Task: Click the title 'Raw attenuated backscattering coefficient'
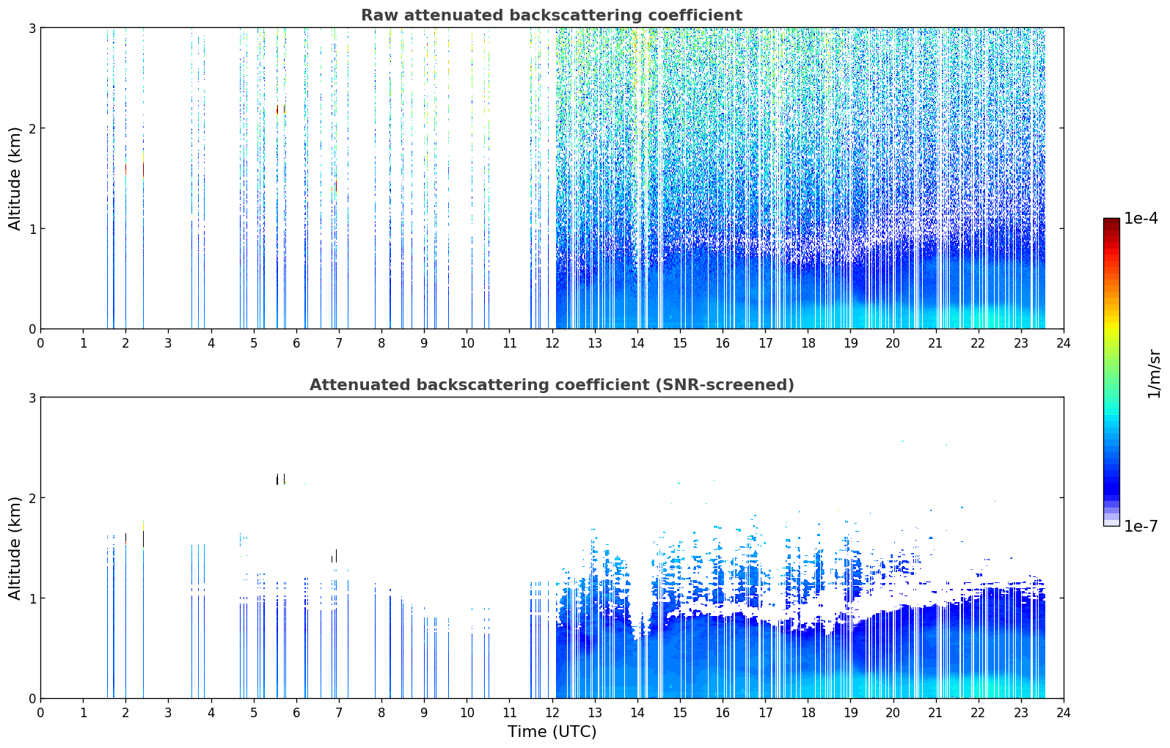click(552, 15)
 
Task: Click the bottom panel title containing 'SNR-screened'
click(552, 385)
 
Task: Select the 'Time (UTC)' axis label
click(552, 732)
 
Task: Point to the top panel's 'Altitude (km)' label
click(15, 179)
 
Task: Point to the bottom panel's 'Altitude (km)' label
click(15, 549)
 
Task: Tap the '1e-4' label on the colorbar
click(1141, 219)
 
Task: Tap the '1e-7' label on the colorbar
click(1141, 526)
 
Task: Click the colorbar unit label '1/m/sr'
click(1154, 373)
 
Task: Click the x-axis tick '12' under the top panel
click(552, 343)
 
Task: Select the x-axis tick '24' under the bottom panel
click(1064, 713)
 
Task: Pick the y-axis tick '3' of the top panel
click(32, 28)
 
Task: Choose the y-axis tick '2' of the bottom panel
click(32, 498)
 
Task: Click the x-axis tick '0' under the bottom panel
click(41, 713)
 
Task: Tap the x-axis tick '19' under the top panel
click(850, 343)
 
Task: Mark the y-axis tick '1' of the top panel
click(32, 229)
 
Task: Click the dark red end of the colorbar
click(1111, 221)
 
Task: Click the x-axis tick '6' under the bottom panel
click(296, 713)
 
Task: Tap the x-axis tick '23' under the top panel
click(1020, 343)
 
